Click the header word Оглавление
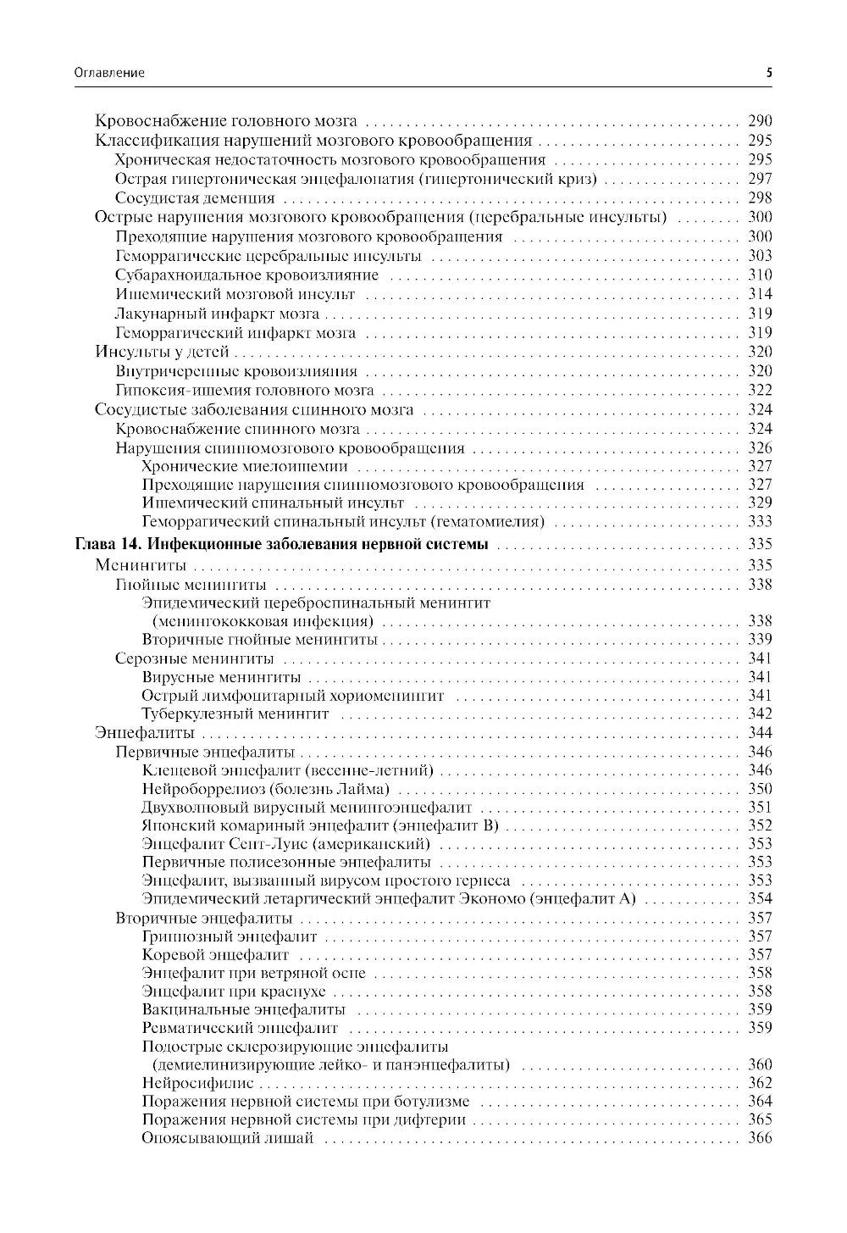click(109, 73)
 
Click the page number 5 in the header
click(769, 73)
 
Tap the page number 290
click(760, 121)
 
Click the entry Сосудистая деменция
click(195, 198)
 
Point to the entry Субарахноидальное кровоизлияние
click(246, 275)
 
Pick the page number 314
click(760, 294)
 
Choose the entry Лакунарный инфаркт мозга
click(217, 314)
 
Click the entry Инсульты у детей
click(162, 353)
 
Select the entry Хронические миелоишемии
click(245, 466)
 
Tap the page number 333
click(760, 521)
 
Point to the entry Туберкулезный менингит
click(235, 714)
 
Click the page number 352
click(760, 825)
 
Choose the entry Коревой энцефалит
click(216, 955)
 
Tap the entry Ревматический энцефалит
click(241, 1028)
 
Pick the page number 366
click(760, 1138)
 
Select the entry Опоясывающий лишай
click(228, 1138)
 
